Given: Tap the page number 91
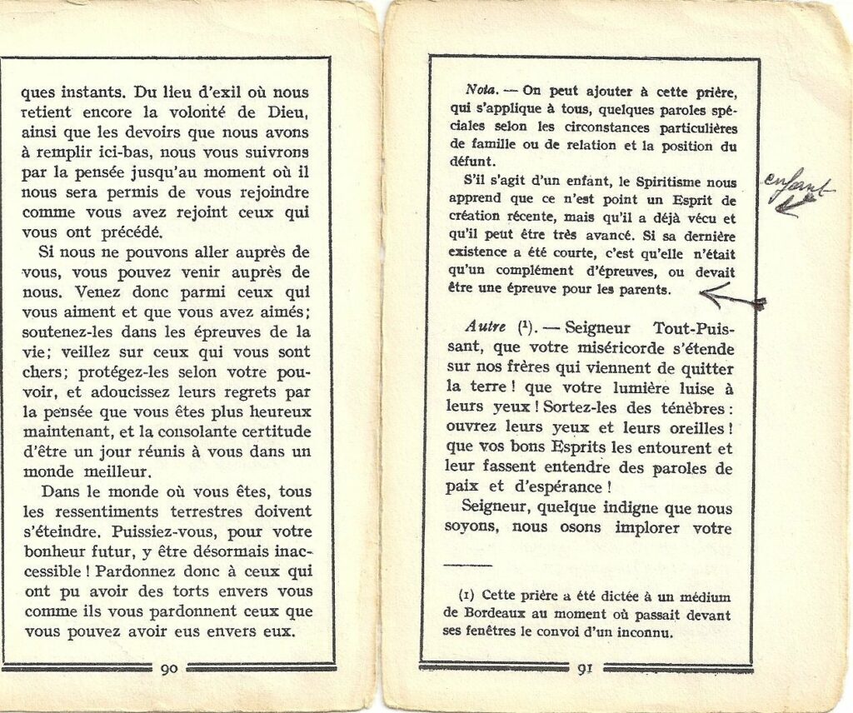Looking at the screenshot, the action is tap(585, 667).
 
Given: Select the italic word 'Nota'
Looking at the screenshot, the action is tap(481, 91).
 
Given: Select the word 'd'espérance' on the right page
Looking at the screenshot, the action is tap(547, 487).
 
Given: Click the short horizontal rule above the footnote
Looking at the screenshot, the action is tap(469, 566).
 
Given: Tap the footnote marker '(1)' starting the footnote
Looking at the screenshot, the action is tap(467, 596).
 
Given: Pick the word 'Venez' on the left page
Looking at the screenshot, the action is tap(97, 292).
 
